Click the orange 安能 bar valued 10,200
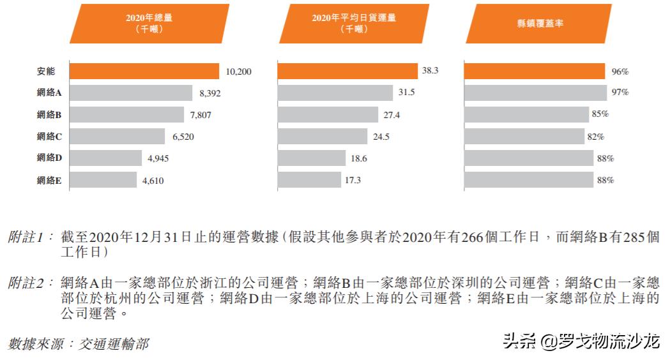tap(144, 71)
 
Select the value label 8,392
tap(211, 93)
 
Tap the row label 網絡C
tap(49, 137)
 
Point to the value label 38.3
tap(430, 71)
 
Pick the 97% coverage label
tap(620, 93)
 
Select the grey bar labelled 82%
tap(524, 137)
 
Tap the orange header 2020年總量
tap(149, 23)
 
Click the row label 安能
tap(49, 71)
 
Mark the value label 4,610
tap(153, 181)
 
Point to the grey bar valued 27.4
tap(328, 115)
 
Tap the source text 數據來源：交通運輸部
tap(79, 344)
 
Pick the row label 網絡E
tap(49, 181)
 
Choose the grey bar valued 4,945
tap(105, 158)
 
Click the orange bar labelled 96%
tap(534, 71)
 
